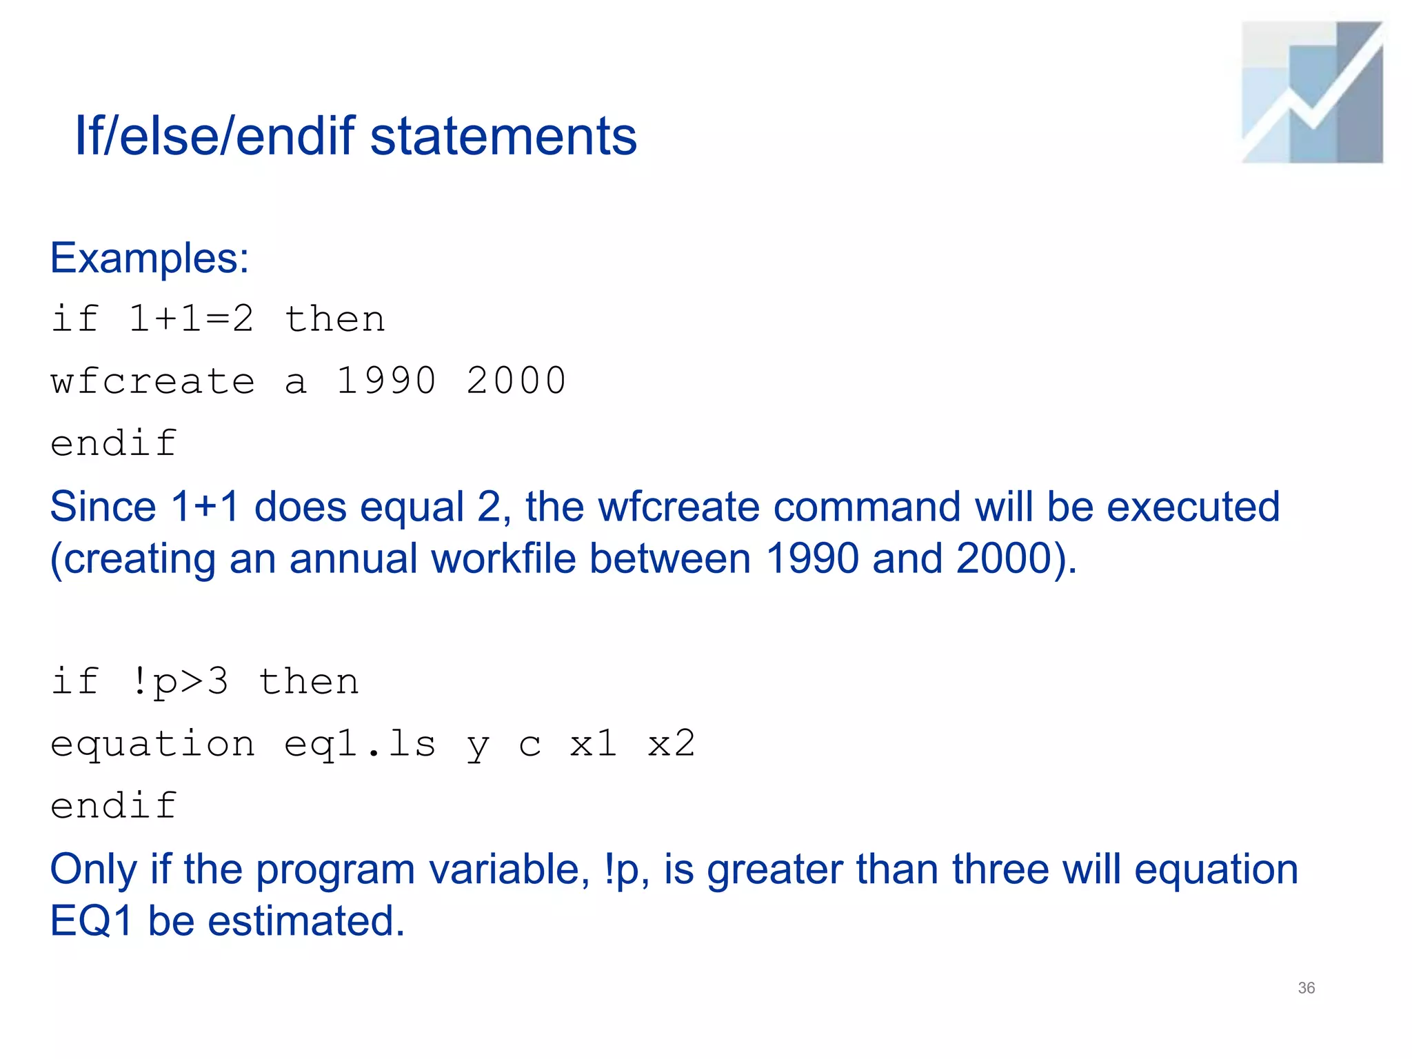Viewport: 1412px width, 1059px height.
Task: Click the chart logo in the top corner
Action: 1312,92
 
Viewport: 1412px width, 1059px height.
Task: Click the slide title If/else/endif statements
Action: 356,136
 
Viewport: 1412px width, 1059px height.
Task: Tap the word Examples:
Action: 150,259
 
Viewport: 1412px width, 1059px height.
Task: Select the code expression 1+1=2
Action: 191,319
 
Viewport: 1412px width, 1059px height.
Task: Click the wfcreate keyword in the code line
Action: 152,381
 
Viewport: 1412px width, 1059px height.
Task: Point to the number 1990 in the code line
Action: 386,381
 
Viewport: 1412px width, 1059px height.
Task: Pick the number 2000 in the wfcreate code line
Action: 516,381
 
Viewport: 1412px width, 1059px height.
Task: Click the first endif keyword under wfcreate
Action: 114,443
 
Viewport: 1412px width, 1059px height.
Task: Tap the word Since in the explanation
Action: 103,507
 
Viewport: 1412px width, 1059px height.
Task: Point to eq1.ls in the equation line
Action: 360,744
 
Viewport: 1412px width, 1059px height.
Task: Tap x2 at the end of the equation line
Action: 672,744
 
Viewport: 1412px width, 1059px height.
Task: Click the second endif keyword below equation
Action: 114,806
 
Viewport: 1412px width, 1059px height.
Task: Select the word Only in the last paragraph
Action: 94,869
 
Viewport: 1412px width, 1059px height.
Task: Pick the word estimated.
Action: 306,921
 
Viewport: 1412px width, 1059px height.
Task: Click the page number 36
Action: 1306,988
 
